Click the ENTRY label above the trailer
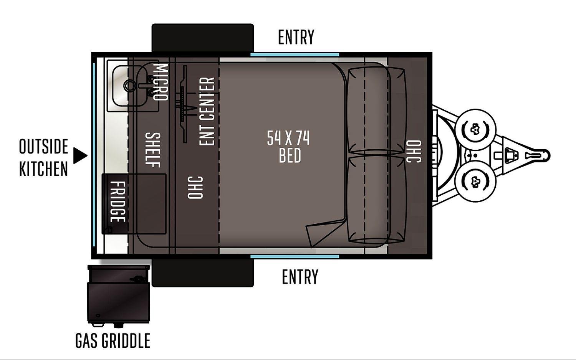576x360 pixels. point(296,37)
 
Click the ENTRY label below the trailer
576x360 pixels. point(300,277)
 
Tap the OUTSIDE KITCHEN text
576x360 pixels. point(43,157)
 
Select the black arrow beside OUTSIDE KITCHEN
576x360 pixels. point(80,155)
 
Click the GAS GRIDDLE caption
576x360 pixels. point(113,341)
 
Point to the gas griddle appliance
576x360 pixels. point(119,296)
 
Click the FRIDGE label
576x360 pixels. point(118,202)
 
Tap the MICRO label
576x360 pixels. point(161,82)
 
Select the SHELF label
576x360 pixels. point(153,150)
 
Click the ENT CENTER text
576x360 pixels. point(207,111)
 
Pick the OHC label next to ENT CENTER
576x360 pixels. point(195,187)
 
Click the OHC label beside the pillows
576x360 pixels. point(414,151)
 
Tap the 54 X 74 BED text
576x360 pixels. point(289,147)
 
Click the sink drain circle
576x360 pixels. point(130,85)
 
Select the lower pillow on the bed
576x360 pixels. point(377,200)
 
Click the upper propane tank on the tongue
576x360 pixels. point(475,129)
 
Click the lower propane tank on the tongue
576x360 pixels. point(475,182)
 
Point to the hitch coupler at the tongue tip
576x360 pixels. point(538,155)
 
